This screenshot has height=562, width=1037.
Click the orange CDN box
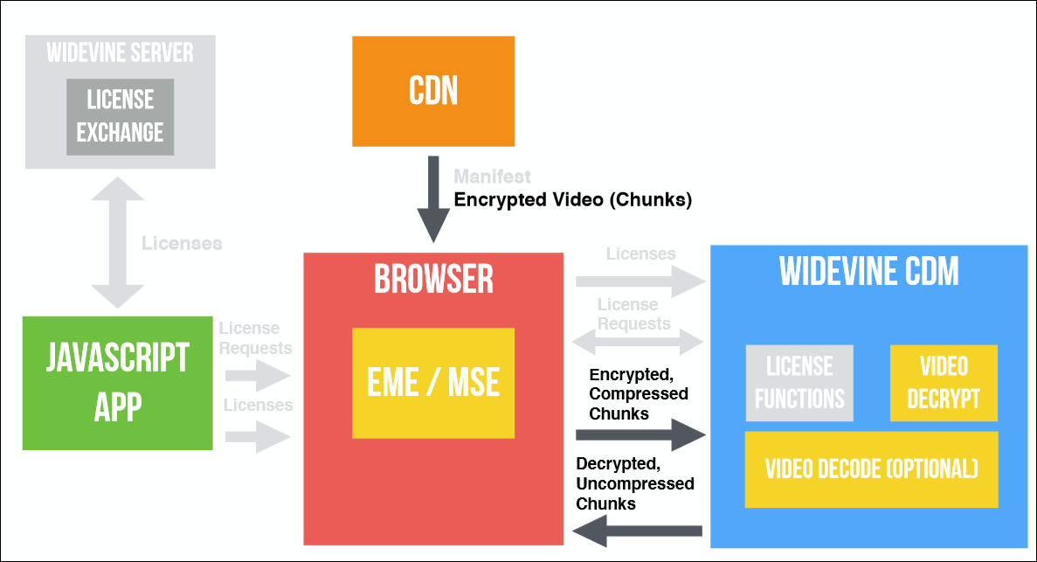tap(433, 91)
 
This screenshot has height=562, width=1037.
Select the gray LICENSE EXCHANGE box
tap(120, 116)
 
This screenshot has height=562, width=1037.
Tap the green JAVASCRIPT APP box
tap(117, 383)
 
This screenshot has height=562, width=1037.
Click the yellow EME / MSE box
tap(433, 383)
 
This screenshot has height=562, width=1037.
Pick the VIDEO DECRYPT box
tap(944, 383)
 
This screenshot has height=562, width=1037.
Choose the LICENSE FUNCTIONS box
tap(799, 383)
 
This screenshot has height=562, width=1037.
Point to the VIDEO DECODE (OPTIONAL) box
tap(871, 468)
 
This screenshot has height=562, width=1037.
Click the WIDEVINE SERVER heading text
tap(120, 52)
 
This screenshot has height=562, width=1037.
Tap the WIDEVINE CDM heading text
tap(869, 272)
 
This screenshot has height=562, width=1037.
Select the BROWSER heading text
tap(433, 279)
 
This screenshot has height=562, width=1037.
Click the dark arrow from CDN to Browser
tap(433, 200)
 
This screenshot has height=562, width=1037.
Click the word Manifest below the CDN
tap(492, 177)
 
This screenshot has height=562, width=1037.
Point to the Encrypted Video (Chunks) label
tap(572, 200)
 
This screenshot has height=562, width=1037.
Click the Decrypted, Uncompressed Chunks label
tap(635, 483)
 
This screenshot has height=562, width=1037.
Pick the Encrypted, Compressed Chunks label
tap(639, 394)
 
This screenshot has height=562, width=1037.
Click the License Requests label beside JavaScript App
tap(255, 337)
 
